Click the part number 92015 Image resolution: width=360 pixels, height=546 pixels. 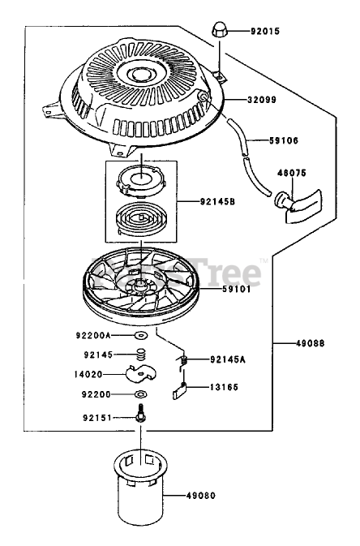(x=265, y=32)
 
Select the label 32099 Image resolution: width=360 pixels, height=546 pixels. (x=261, y=100)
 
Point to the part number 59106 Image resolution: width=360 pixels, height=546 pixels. (x=284, y=140)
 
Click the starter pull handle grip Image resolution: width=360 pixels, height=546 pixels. (x=300, y=206)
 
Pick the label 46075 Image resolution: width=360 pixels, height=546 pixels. (x=292, y=173)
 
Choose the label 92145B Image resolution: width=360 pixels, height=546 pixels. (x=217, y=202)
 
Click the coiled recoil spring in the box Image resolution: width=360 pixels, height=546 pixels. (x=141, y=218)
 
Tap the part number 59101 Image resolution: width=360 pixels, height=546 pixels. (x=237, y=290)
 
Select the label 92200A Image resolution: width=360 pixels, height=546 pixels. (x=93, y=335)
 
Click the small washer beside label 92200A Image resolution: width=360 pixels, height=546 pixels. (x=141, y=336)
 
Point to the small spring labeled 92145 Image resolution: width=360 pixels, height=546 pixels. (x=140, y=355)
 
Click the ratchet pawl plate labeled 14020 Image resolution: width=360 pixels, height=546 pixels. (x=141, y=373)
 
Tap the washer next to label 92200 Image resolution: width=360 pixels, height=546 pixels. (x=140, y=394)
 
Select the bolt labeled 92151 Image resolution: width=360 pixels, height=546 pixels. (x=140, y=413)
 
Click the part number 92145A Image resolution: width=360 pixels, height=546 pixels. (x=228, y=359)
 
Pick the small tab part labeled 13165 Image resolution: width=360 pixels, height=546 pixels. (x=180, y=390)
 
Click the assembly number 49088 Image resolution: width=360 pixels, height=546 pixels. (x=311, y=343)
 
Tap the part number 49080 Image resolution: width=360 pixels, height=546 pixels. (x=201, y=495)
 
